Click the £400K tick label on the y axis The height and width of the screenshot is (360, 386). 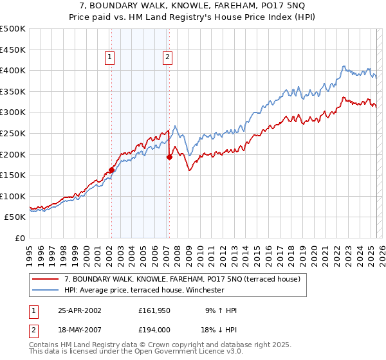pyautogui.click(x=13, y=70)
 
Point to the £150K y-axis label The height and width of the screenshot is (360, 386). pyautogui.click(x=13, y=175)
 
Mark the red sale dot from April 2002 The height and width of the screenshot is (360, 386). pyautogui.click(x=111, y=170)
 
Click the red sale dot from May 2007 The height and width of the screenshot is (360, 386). pyautogui.click(x=169, y=156)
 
